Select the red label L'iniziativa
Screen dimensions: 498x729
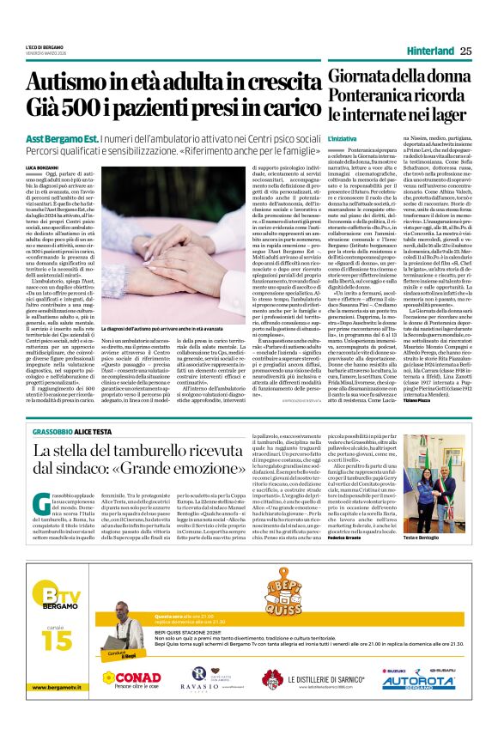coord(341,138)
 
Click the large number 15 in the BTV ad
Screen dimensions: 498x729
coord(54,641)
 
